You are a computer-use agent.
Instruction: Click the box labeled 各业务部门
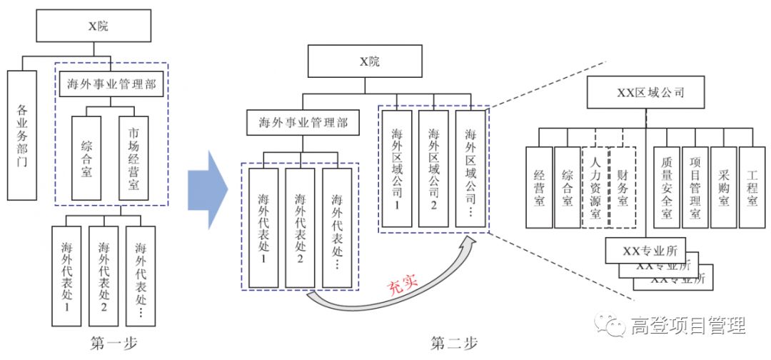click(x=21, y=134)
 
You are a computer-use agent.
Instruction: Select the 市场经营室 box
click(x=133, y=158)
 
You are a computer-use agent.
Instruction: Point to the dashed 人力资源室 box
click(x=595, y=187)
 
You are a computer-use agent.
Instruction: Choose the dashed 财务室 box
click(x=623, y=187)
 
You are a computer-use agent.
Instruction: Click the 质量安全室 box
click(x=666, y=187)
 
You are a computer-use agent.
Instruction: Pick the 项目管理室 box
click(x=695, y=187)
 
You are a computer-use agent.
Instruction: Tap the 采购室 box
click(x=723, y=187)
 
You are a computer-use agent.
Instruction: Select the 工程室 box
click(x=752, y=187)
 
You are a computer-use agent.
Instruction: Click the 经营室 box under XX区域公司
click(x=539, y=187)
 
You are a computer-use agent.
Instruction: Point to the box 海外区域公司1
click(x=397, y=169)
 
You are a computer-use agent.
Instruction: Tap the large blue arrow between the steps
click(x=206, y=189)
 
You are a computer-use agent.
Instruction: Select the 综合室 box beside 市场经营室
click(x=86, y=158)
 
